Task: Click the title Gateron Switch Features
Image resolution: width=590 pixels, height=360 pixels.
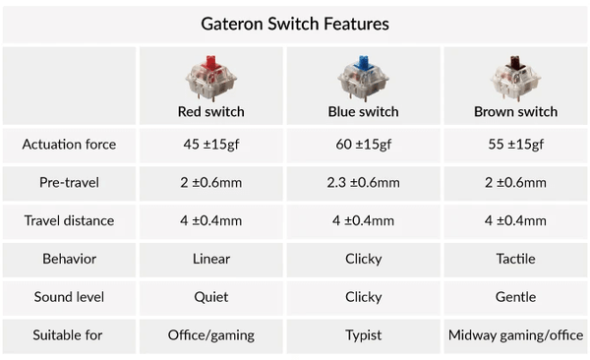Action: pos(294,22)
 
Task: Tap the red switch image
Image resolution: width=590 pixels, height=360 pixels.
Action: pos(206,77)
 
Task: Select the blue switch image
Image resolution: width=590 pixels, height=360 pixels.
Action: pos(361,77)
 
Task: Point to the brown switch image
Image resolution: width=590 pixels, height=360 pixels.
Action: pos(515,77)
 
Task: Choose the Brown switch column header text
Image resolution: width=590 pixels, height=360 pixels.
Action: pos(515,111)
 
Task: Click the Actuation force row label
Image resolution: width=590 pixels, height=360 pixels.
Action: pos(69,145)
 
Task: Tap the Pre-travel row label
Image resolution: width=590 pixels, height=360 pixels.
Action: pos(69,183)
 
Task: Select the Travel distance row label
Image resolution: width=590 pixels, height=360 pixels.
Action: pos(69,220)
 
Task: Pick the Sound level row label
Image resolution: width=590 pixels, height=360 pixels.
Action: pos(69,297)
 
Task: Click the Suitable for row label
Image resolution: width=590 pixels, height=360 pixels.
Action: pos(69,334)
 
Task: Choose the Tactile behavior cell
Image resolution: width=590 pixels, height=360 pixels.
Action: pos(515,259)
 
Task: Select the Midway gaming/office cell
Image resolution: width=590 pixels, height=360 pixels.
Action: pos(515,334)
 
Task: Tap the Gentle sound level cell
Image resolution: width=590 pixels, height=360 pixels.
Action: pos(515,297)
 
